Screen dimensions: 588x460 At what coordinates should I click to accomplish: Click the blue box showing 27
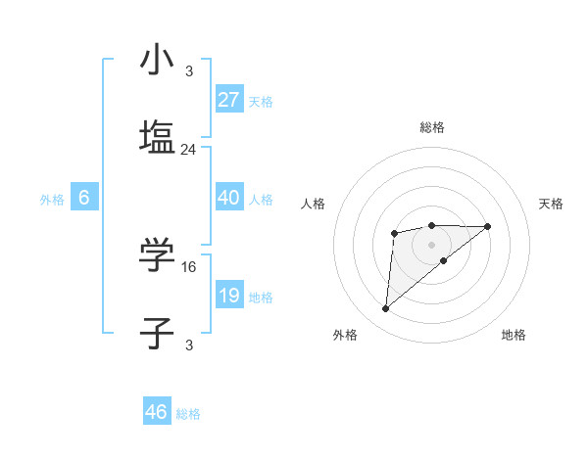pyautogui.click(x=228, y=99)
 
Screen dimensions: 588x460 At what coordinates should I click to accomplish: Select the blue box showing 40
pyautogui.click(x=228, y=197)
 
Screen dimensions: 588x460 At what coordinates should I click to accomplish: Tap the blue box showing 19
pyautogui.click(x=228, y=295)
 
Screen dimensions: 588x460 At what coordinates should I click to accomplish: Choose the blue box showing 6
pyautogui.click(x=84, y=198)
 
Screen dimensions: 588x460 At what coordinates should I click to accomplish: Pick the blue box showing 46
pyautogui.click(x=157, y=411)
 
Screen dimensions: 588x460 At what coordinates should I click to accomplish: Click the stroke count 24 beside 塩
pyautogui.click(x=189, y=150)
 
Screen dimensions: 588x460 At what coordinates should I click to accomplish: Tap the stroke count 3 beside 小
pyautogui.click(x=189, y=70)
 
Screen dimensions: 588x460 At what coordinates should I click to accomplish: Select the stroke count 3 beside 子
pyautogui.click(x=189, y=345)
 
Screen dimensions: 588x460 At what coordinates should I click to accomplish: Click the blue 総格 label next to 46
pyautogui.click(x=188, y=414)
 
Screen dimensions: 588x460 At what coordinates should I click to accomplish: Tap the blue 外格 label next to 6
pyautogui.click(x=52, y=200)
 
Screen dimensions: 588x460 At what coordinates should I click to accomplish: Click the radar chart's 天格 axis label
pyautogui.click(x=552, y=204)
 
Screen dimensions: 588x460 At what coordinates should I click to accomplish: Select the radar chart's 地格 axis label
pyautogui.click(x=514, y=335)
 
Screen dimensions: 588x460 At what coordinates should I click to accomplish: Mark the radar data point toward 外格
pyautogui.click(x=386, y=309)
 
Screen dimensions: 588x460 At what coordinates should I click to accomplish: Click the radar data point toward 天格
pyautogui.click(x=488, y=226)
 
